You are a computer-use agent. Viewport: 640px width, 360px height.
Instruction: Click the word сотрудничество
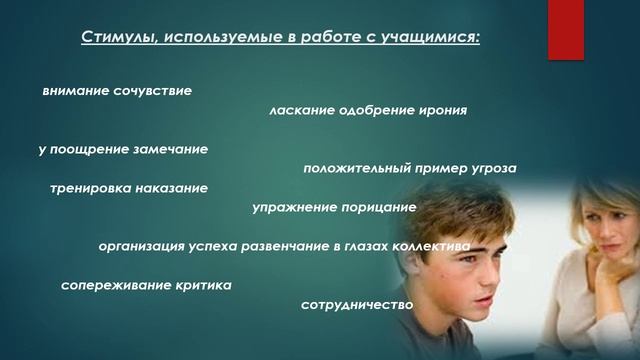pyautogui.click(x=357, y=304)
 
